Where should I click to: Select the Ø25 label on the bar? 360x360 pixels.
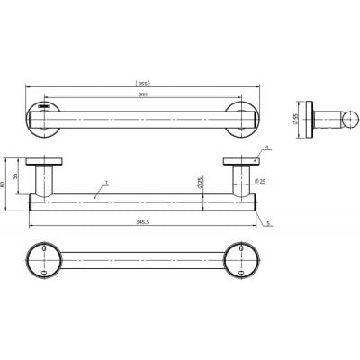coord(201,184)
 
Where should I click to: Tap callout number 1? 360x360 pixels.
coord(107,183)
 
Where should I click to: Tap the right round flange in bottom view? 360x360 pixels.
coord(240,260)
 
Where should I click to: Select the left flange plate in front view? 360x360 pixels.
coord(45,163)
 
